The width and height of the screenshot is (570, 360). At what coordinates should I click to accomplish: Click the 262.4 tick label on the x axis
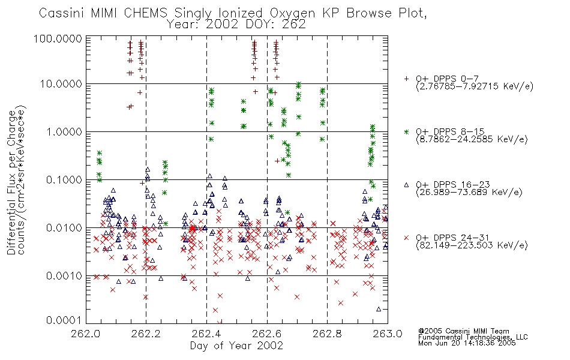(207, 334)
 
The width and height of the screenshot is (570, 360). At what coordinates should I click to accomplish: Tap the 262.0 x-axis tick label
(86, 334)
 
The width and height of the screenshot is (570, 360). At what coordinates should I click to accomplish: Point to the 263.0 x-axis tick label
(388, 334)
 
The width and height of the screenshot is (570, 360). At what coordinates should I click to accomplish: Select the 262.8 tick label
(328, 334)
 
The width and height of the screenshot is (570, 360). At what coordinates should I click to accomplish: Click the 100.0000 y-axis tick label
(58, 38)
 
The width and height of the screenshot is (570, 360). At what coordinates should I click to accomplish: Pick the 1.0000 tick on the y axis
(64, 131)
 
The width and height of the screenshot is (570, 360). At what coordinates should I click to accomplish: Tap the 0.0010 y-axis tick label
(64, 276)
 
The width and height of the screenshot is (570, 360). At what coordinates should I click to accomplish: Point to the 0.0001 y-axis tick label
(64, 320)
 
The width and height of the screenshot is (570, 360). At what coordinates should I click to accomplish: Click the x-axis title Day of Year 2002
(236, 346)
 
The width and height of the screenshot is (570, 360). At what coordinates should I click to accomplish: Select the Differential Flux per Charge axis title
(11, 182)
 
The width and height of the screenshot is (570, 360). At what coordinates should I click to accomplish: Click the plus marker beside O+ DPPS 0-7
(406, 79)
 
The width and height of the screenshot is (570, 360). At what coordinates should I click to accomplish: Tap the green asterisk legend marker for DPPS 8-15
(406, 131)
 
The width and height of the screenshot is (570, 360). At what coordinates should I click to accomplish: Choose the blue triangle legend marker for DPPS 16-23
(406, 185)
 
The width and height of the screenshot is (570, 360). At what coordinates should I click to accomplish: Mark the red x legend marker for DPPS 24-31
(406, 238)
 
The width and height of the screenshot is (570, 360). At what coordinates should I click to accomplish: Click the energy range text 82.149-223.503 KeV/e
(472, 245)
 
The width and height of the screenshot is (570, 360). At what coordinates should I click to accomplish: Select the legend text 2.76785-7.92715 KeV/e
(475, 86)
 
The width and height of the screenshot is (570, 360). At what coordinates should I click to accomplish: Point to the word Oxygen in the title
(293, 13)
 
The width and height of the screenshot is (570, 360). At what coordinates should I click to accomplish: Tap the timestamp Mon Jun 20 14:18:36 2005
(467, 343)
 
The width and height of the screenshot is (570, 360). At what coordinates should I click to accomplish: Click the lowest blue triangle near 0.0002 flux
(379, 309)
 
